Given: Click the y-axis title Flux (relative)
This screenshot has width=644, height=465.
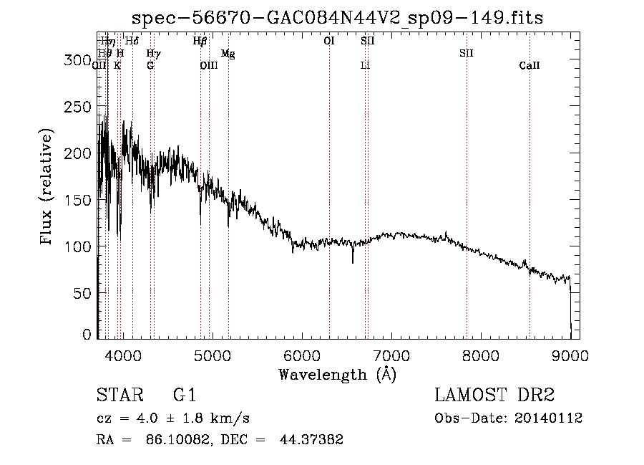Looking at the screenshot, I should click(47, 188).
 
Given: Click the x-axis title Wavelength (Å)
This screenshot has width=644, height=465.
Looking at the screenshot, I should click(336, 374).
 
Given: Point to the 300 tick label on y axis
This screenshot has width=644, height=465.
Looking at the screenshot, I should click(79, 61).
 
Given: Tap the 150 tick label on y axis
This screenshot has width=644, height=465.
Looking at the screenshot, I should click(79, 200).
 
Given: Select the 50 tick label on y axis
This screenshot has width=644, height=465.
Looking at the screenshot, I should click(83, 292).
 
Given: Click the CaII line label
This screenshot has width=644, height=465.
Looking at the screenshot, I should click(530, 66).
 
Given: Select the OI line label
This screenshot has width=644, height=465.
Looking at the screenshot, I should click(329, 42).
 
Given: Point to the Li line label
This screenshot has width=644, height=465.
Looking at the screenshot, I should click(365, 66).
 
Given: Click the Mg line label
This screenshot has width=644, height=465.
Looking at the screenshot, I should click(228, 54).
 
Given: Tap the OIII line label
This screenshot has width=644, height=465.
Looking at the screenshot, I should click(208, 66).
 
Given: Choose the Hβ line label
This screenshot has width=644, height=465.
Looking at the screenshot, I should click(200, 42).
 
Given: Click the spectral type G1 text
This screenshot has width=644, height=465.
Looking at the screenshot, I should click(185, 396).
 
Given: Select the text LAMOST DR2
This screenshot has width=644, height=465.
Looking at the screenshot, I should click(494, 396).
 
